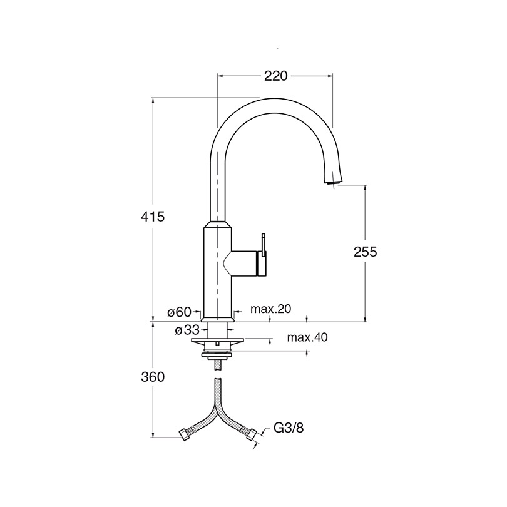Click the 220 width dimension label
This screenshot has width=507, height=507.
click(x=276, y=76)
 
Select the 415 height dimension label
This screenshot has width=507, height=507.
click(x=153, y=217)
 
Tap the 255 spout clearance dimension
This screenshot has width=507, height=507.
click(x=366, y=252)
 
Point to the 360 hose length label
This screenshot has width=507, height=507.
click(x=153, y=377)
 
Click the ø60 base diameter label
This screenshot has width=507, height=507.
click(x=180, y=312)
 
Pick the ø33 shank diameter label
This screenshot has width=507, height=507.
click(x=187, y=330)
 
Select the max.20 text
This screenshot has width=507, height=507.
click(x=271, y=309)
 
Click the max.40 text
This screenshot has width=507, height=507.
click(x=307, y=337)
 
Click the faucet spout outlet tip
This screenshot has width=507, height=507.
click(x=332, y=183)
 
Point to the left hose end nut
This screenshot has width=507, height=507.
click(x=186, y=434)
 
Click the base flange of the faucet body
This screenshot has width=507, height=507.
click(x=217, y=319)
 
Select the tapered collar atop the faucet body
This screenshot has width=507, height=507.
click(x=217, y=225)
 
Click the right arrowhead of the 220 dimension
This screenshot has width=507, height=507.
click(x=330, y=76)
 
